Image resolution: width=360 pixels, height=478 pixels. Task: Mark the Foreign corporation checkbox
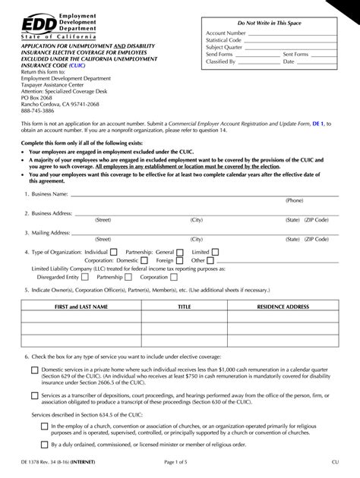coord(180,259)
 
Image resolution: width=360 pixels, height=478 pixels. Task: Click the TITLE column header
coord(184,307)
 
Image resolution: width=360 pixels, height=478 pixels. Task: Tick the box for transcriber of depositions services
coord(34,395)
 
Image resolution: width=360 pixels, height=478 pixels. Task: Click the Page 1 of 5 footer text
coord(180,465)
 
